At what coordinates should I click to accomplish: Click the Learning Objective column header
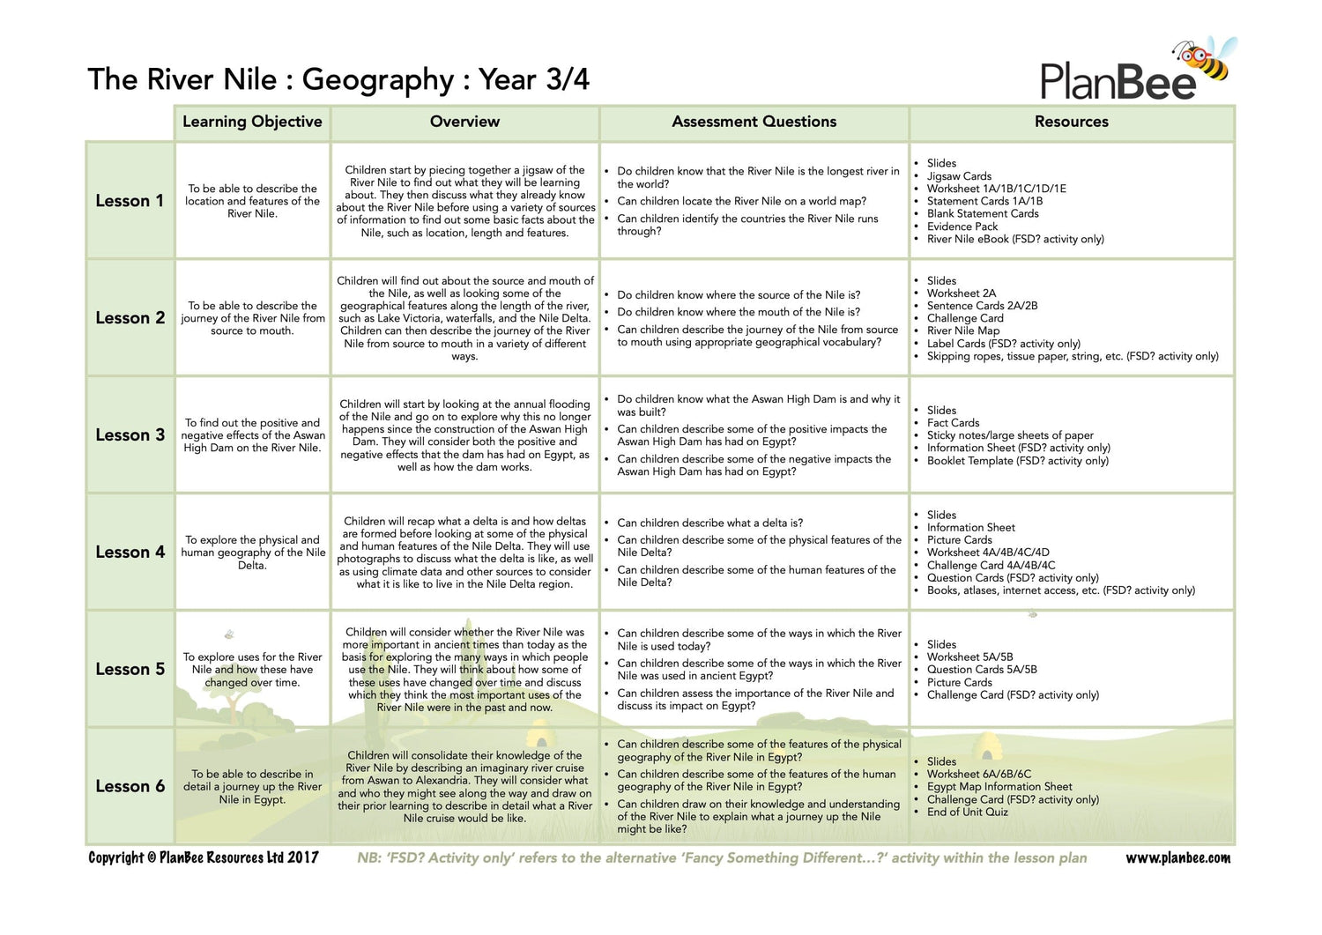[252, 122]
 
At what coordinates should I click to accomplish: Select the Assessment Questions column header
[754, 122]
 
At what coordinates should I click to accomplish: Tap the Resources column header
[1071, 122]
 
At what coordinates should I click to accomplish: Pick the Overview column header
[464, 122]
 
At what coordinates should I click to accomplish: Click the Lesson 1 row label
[130, 201]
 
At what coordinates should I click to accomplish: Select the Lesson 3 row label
[130, 434]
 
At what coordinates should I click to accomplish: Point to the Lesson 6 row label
[130, 786]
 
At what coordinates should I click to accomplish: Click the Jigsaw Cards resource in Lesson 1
[959, 176]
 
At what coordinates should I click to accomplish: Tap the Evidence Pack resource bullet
[962, 226]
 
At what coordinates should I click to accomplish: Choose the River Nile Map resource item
[963, 330]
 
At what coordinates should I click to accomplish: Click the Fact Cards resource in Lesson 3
[953, 423]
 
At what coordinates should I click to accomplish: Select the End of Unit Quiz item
[967, 812]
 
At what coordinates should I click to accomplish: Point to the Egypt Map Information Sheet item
[999, 787]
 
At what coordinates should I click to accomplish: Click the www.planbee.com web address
[1177, 857]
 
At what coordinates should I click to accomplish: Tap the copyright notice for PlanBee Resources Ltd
[204, 857]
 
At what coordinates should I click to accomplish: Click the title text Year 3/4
[534, 79]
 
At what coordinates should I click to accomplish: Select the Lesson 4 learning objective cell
[253, 553]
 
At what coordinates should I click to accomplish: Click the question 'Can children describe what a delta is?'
[709, 523]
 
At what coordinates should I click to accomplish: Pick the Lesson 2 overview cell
[464, 318]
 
